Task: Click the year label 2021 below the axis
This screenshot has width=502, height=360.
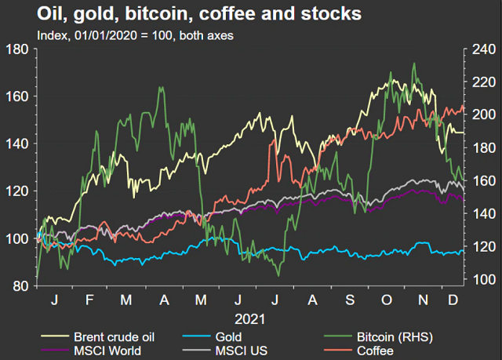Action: tap(249, 320)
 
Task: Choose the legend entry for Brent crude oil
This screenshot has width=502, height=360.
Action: tap(118, 336)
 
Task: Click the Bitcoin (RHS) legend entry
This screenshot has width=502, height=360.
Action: tap(391, 336)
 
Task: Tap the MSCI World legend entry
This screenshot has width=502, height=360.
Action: tap(109, 350)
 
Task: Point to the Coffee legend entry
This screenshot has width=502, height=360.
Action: tap(376, 350)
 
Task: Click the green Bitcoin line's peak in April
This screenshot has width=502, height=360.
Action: tap(161, 87)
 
